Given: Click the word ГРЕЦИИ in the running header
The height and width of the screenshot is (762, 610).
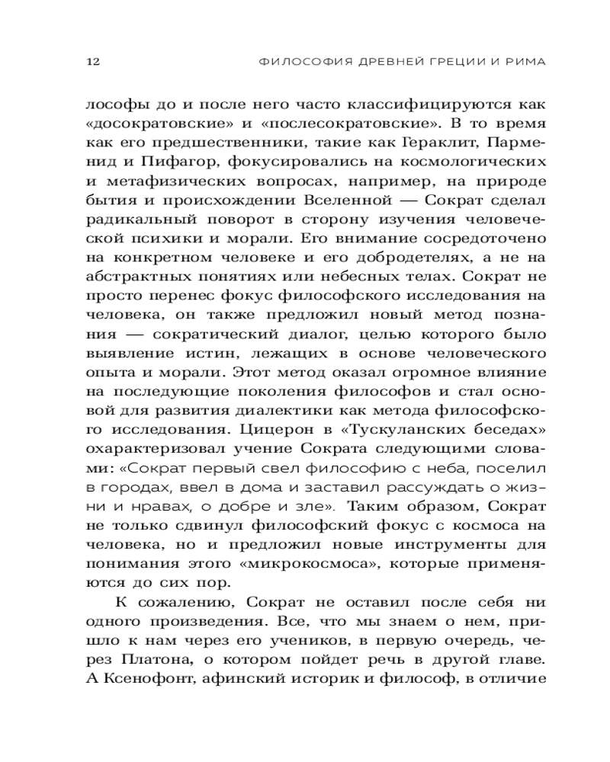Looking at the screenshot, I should pos(441,61).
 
